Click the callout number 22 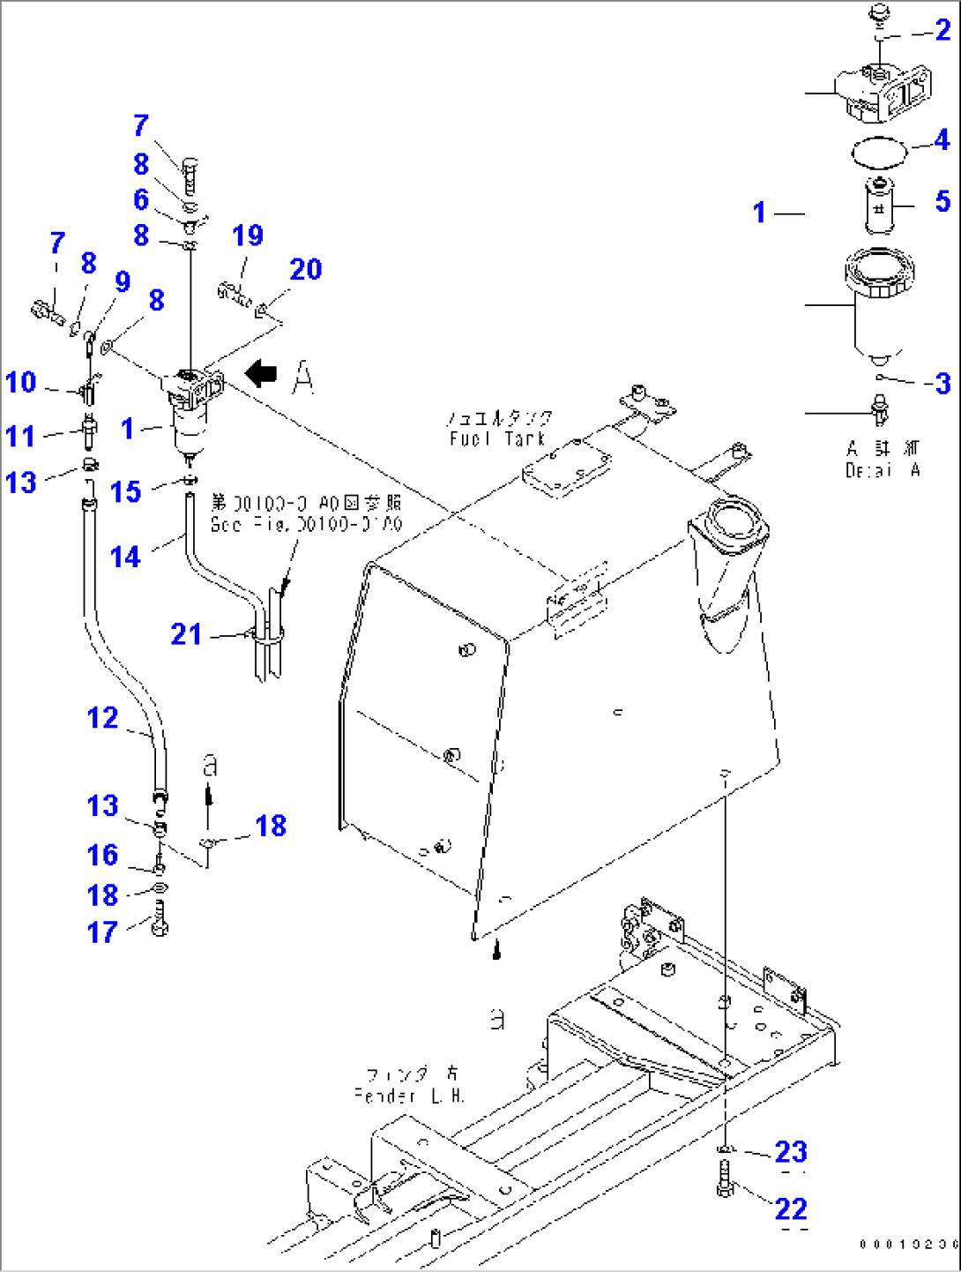tap(791, 1208)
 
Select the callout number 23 tap(791, 1151)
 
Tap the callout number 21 tap(186, 634)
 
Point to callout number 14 tap(125, 557)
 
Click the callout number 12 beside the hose tap(103, 717)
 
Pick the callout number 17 tap(102, 932)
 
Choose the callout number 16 tap(102, 855)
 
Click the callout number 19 tap(248, 236)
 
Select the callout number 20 tap(306, 269)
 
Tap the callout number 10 tap(21, 382)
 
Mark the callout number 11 tap(21, 436)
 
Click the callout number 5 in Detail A tap(942, 201)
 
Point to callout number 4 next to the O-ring tap(942, 139)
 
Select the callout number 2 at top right tap(942, 30)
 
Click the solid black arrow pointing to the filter tap(260, 373)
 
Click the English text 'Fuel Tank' tap(497, 438)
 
